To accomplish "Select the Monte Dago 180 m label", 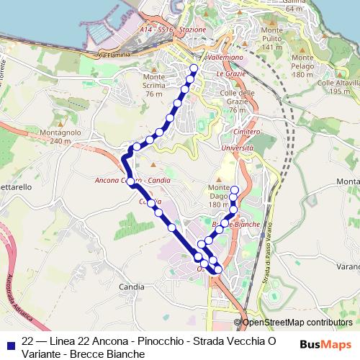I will pyautogui.click(x=218, y=196).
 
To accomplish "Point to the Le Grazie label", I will pyautogui.click(x=230, y=73).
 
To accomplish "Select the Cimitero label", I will pyautogui.click(x=246, y=133).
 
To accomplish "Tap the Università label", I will pyautogui.click(x=238, y=147).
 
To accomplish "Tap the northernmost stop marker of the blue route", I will pyautogui.click(x=193, y=69).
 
